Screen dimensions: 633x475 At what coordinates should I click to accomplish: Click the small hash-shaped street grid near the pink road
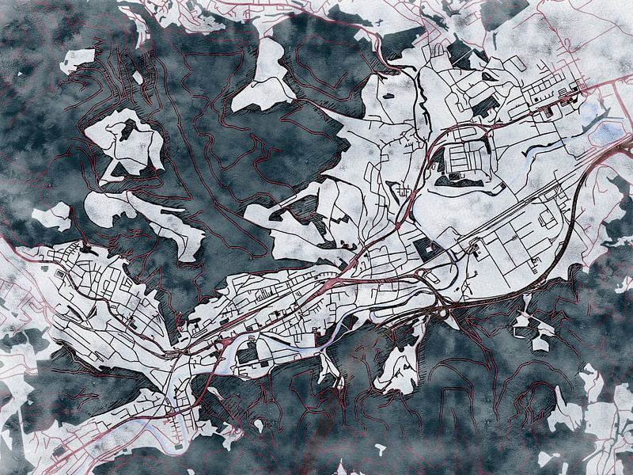[405, 191]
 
